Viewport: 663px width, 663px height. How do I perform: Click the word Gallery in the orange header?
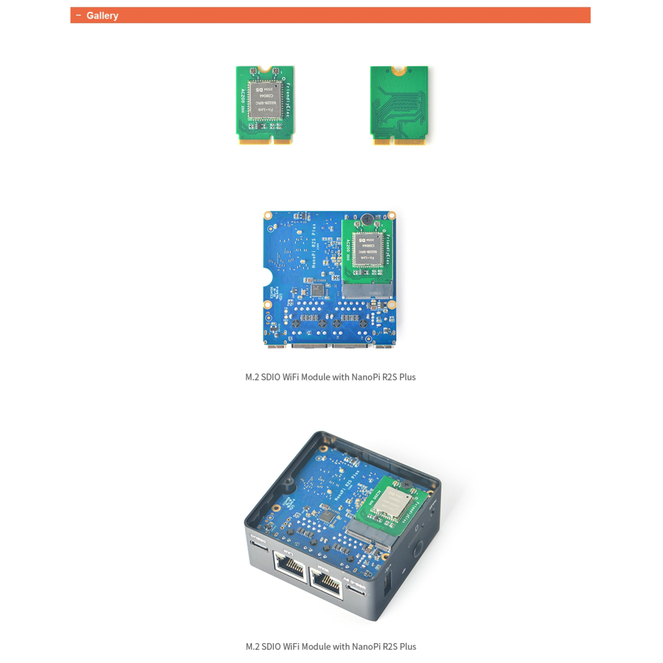(x=102, y=15)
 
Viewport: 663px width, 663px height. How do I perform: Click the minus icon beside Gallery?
(x=79, y=15)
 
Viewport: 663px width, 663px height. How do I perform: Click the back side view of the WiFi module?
(x=399, y=105)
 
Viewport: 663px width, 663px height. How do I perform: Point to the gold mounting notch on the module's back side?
(x=398, y=69)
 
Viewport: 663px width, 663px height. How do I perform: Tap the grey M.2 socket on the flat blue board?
(x=367, y=290)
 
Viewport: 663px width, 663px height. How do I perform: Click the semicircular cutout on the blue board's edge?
(x=267, y=278)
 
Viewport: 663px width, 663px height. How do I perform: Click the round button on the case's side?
(x=418, y=550)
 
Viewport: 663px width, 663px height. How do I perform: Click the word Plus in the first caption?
(x=407, y=377)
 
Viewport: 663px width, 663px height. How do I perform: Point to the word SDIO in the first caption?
(x=271, y=377)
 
